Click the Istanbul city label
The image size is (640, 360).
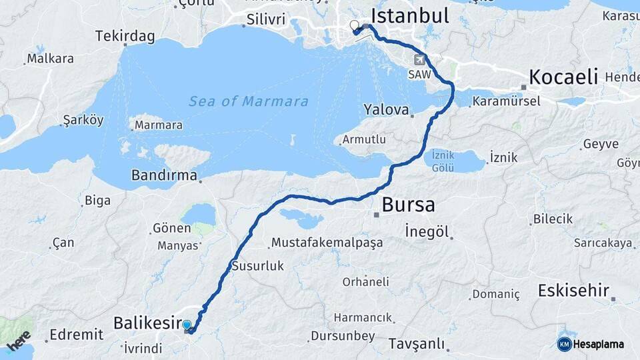point(409,15)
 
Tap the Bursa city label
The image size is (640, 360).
point(408,204)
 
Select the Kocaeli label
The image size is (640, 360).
point(563,77)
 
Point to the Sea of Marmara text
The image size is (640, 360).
point(248,102)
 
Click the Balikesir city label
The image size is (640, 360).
point(147,323)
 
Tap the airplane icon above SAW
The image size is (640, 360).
point(419,58)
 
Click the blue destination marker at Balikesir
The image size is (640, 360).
point(187,326)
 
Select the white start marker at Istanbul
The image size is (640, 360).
point(354,26)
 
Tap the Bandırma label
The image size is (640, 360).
point(164,177)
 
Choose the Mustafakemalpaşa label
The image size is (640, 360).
point(327,243)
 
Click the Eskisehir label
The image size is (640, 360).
point(573,291)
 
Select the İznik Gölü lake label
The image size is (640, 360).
point(443,161)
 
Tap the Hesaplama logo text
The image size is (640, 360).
point(599,344)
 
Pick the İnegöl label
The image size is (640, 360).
point(428,232)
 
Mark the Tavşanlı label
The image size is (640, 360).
point(416,344)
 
